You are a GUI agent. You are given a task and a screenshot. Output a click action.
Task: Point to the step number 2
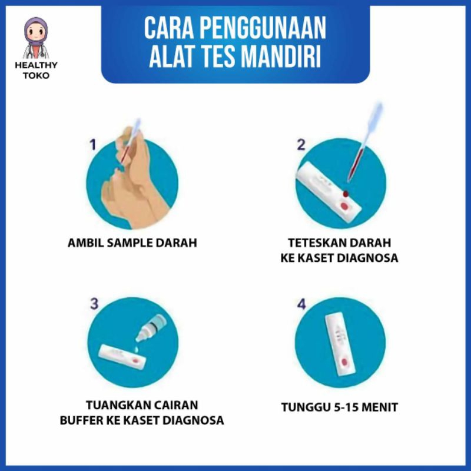[301, 144]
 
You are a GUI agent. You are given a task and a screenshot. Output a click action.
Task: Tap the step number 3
[94, 304]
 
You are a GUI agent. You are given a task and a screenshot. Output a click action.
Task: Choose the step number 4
[301, 304]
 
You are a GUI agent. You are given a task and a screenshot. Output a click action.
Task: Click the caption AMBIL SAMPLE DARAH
[132, 243]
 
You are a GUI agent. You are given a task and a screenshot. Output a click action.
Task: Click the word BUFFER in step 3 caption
[81, 420]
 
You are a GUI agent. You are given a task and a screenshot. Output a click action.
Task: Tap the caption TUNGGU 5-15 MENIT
[339, 407]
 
